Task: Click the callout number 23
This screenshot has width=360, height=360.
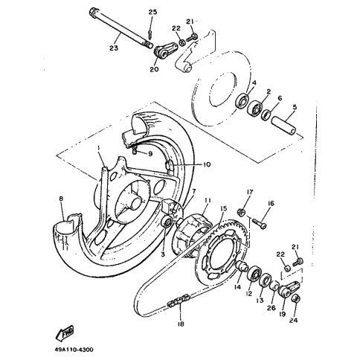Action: click(114, 48)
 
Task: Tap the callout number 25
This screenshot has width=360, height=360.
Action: click(152, 12)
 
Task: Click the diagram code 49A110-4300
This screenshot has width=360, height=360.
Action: click(74, 350)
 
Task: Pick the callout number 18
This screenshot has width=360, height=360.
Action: click(181, 324)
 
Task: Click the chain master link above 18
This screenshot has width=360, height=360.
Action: click(179, 300)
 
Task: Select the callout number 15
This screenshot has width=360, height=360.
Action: click(223, 208)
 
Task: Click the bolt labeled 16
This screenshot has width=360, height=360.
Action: click(260, 223)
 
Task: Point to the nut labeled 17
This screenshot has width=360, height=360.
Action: click(241, 212)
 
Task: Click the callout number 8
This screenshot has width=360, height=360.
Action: click(61, 199)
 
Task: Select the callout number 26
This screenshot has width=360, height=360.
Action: click(271, 308)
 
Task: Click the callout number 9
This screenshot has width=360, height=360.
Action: click(150, 154)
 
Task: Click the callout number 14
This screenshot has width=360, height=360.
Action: click(237, 287)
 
